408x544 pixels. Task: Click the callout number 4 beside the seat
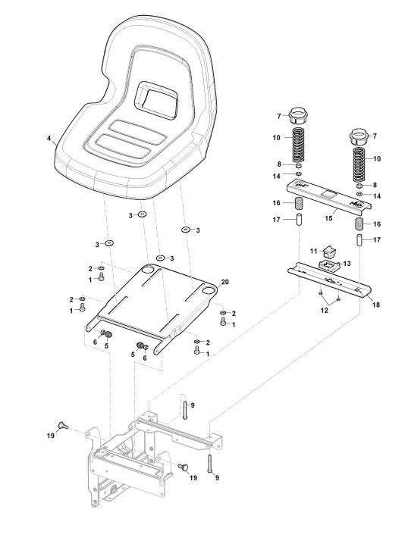[49, 138]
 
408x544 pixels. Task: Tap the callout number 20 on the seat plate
[225, 282]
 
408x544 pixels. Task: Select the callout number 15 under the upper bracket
[328, 218]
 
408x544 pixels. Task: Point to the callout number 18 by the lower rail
[375, 305]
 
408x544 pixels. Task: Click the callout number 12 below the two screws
[324, 311]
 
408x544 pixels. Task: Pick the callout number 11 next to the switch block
[314, 251]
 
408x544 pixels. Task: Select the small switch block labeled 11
[329, 252]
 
